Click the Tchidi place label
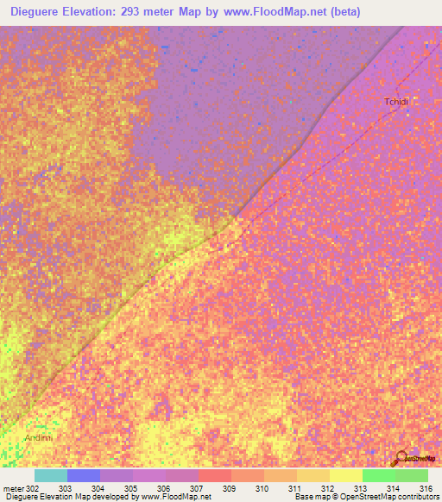click(x=396, y=102)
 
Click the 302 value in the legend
click(x=32, y=488)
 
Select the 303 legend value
click(x=65, y=488)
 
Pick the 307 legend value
click(x=196, y=488)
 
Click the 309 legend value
click(x=229, y=488)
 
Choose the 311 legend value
click(x=294, y=488)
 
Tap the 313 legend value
click(x=360, y=488)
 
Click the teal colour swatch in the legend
click(x=50, y=475)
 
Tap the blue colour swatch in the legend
click(x=83, y=475)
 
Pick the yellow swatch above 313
click(x=345, y=475)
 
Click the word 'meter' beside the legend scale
click(x=13, y=488)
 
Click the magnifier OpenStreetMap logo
click(x=401, y=459)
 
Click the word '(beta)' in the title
click(x=342, y=12)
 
